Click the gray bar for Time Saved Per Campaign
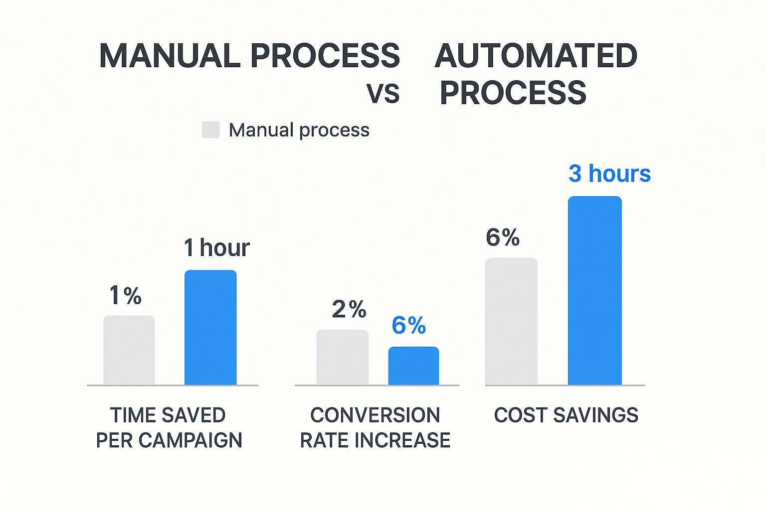pyautogui.click(x=129, y=350)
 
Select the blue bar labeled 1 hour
pyautogui.click(x=210, y=327)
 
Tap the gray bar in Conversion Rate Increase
pyautogui.click(x=343, y=357)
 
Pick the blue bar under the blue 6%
pyautogui.click(x=413, y=366)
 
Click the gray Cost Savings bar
pyautogui.click(x=511, y=321)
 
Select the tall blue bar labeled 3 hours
pyautogui.click(x=594, y=290)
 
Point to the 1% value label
pyautogui.click(x=125, y=295)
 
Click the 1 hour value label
pyautogui.click(x=216, y=248)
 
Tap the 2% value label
pyautogui.click(x=349, y=309)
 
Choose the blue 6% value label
pyautogui.click(x=408, y=325)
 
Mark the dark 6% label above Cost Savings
pyautogui.click(x=503, y=238)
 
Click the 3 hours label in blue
pyautogui.click(x=609, y=174)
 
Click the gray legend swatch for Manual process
pyautogui.click(x=210, y=130)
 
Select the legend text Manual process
pyautogui.click(x=299, y=130)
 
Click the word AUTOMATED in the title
pyautogui.click(x=536, y=55)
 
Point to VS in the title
pyautogui.click(x=383, y=93)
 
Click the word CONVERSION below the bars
pyautogui.click(x=375, y=415)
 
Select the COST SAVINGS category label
pyautogui.click(x=566, y=415)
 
